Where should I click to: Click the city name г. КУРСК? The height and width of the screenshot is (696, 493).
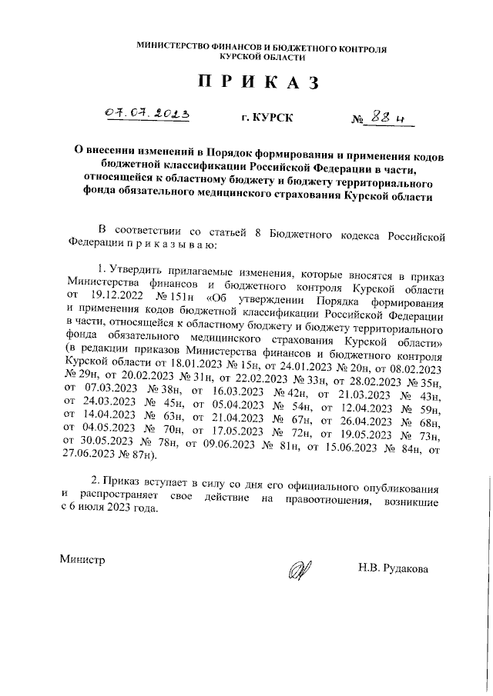(267, 118)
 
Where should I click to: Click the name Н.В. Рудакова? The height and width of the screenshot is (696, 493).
(393, 568)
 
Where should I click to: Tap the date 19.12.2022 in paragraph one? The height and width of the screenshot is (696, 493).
(118, 292)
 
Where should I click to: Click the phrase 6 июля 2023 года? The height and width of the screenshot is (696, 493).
(112, 512)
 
